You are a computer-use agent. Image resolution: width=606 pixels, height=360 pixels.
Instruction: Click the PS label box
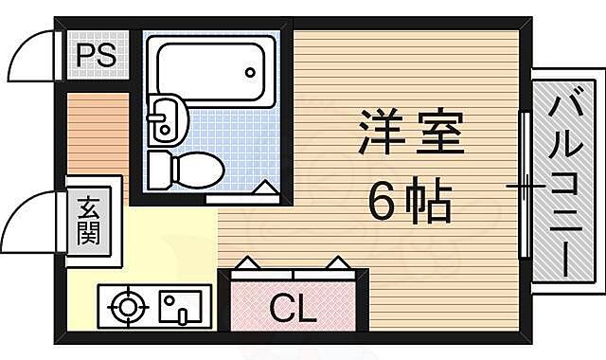(97, 55)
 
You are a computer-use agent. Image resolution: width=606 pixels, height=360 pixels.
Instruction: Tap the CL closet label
(293, 308)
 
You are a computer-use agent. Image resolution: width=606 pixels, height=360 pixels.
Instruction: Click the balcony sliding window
(523, 186)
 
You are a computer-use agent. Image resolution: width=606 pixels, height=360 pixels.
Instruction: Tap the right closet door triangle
(337, 262)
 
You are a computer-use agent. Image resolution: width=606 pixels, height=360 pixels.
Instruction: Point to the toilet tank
(160, 171)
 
